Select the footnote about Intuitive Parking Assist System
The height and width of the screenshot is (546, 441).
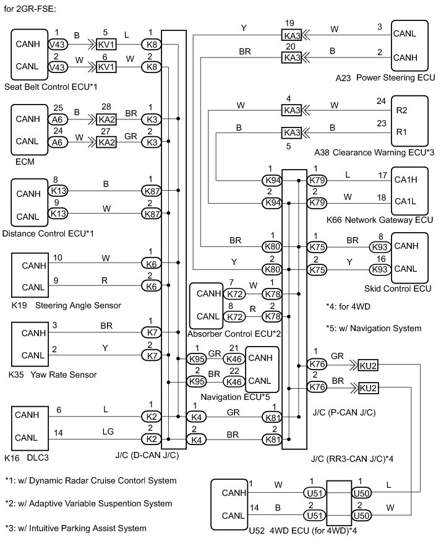[75, 528]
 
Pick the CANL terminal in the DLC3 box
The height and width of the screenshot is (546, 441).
[27, 437]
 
